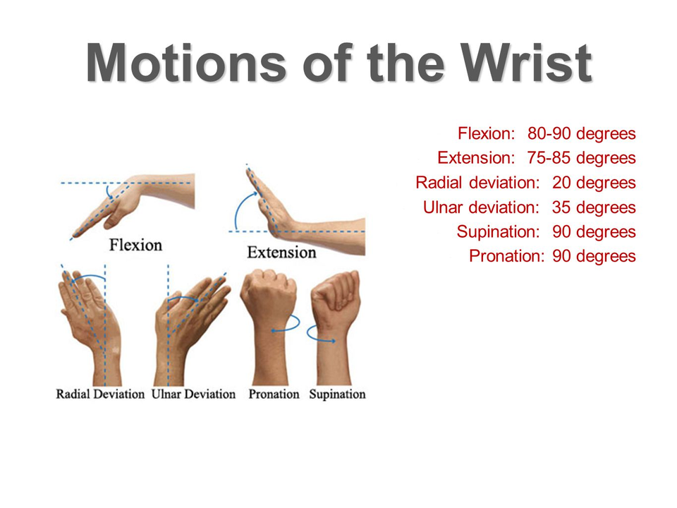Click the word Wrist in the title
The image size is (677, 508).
click(x=526, y=63)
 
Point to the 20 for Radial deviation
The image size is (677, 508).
click(x=562, y=182)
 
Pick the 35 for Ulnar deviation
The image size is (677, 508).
click(x=561, y=207)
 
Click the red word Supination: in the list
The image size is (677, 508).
click(x=499, y=232)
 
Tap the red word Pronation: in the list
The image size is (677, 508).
click(x=506, y=255)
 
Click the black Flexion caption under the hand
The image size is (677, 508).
click(x=135, y=245)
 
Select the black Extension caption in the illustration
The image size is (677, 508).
click(x=281, y=253)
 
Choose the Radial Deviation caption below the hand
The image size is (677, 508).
click(x=100, y=394)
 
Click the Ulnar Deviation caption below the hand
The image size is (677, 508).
click(x=193, y=394)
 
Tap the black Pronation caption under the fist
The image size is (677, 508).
click(x=274, y=394)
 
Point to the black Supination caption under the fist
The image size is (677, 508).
click(x=337, y=394)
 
